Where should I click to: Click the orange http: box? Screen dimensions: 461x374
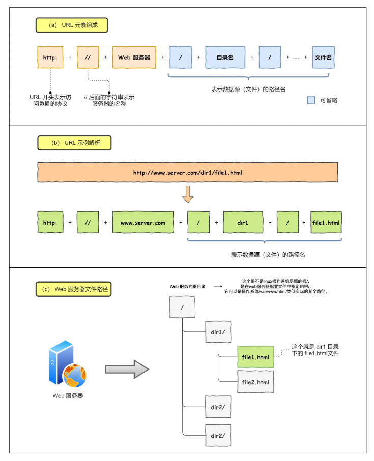[50, 57]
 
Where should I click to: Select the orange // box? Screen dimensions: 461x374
[88, 57]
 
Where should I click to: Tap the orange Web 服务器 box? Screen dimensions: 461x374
[134, 57]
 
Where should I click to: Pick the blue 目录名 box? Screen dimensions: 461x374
[224, 57]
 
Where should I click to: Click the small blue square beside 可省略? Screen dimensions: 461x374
[311, 100]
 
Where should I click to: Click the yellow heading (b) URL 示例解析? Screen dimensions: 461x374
[74, 143]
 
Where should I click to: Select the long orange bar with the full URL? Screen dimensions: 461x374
[187, 173]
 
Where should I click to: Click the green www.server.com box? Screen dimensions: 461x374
[143, 222]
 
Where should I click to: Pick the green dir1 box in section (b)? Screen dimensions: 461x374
[243, 222]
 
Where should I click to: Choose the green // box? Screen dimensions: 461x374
[88, 222]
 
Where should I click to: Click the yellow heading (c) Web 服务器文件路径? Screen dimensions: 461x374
[74, 289]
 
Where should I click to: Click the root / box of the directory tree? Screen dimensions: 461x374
[182, 308]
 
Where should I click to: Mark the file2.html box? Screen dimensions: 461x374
[255, 382]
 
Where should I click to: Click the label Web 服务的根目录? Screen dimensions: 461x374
[187, 287]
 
